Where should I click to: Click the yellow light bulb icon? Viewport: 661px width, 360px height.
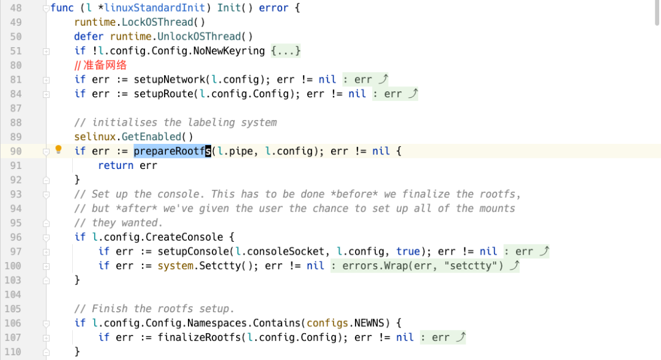pos(59,150)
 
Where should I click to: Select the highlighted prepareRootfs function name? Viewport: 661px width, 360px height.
pos(172,151)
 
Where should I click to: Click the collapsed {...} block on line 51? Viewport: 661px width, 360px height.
pos(286,51)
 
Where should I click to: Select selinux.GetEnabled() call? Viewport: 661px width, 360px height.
pos(133,137)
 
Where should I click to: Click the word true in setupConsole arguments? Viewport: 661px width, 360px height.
pos(408,251)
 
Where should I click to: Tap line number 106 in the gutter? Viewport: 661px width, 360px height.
pos(13,323)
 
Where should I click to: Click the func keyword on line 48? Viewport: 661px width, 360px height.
pos(62,8)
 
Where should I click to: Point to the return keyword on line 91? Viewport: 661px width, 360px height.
pos(116,165)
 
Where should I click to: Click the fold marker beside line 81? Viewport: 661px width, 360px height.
pos(46,80)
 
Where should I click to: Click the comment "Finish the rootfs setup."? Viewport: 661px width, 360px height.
pos(154,309)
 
